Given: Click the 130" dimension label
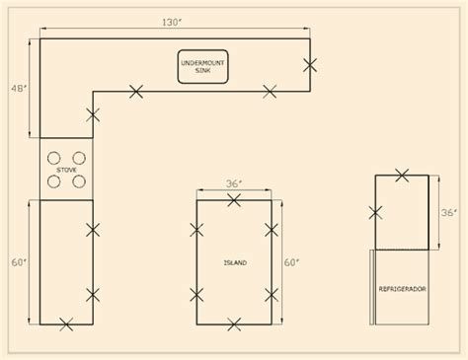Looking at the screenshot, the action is (x=172, y=23).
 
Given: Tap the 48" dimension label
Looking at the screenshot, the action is (x=19, y=89).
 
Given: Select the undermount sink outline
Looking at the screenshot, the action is (x=202, y=66).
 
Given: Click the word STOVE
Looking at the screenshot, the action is (x=66, y=170).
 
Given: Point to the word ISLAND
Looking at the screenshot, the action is (x=235, y=262).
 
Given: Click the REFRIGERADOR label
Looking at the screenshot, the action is (x=402, y=289).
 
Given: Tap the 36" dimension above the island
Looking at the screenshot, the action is (x=234, y=183).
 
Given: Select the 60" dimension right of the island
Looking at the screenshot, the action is (x=291, y=262).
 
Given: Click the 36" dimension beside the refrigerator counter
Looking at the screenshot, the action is (x=448, y=213).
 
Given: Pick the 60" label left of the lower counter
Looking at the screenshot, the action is (x=19, y=262).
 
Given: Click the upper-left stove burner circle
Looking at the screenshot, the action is (x=53, y=158).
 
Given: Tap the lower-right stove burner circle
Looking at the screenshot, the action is (x=79, y=181).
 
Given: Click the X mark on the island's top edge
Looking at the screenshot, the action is (x=234, y=200).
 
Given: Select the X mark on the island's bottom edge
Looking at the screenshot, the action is (x=234, y=324).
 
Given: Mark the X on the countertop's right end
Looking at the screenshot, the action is (x=310, y=65).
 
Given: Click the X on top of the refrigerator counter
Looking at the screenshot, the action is (x=402, y=176).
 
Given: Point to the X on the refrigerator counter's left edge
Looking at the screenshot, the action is (x=375, y=213).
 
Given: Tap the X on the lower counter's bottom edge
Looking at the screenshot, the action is (x=66, y=324).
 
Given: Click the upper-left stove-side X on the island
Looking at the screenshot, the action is (x=196, y=230).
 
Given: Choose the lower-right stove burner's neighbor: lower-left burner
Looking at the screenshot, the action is (x=53, y=181).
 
